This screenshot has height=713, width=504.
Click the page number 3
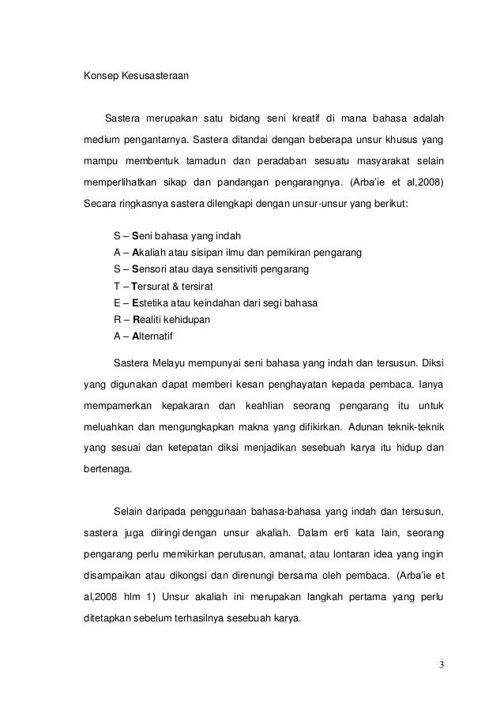pos(441,662)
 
